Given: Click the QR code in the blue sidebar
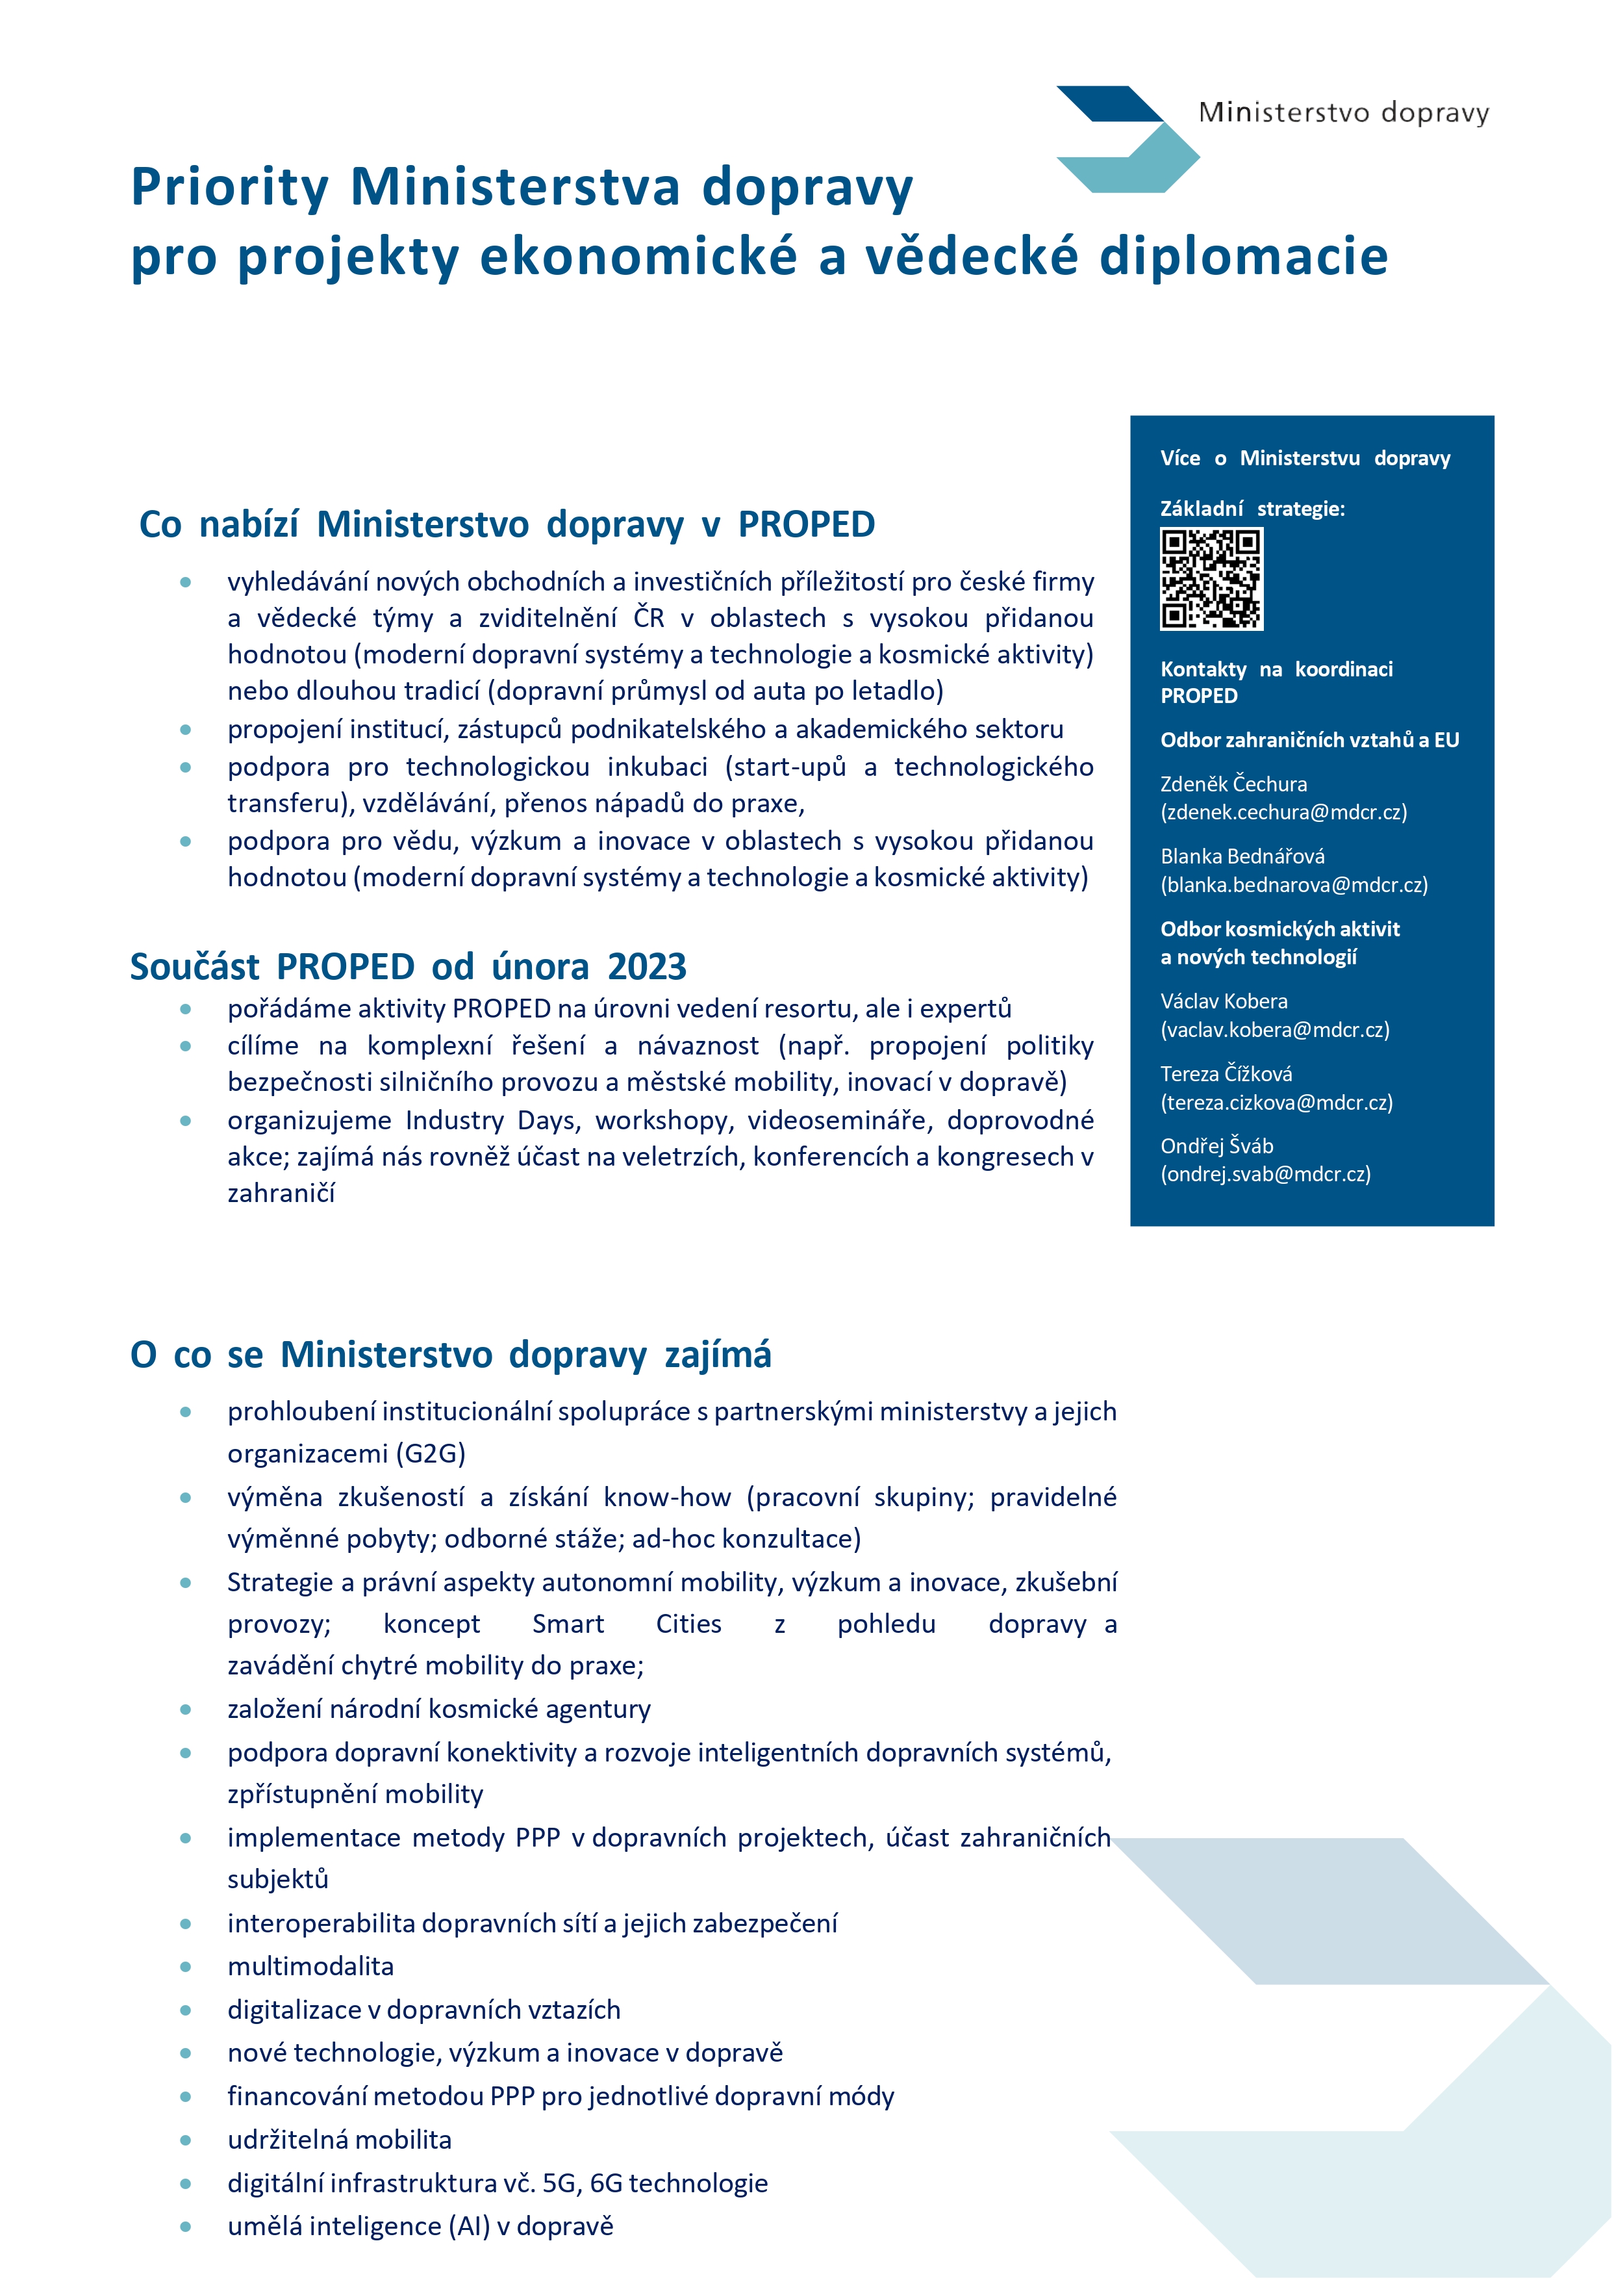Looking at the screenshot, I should (1211, 579).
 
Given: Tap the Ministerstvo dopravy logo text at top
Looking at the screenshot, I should (1343, 112).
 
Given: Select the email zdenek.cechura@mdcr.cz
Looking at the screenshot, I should (1283, 812).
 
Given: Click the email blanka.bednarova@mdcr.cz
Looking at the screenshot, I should (1293, 885).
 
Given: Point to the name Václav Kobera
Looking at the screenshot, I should (1224, 1001).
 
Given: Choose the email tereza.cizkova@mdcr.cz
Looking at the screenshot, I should (1276, 1102).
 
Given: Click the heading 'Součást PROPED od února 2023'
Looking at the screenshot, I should (408, 966).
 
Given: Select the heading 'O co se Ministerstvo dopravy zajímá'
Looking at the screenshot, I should (451, 1355).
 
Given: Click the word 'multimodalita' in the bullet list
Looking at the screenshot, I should (310, 1966).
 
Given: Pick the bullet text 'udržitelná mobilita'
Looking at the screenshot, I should (340, 2139).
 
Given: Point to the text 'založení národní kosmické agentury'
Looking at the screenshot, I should (439, 1709).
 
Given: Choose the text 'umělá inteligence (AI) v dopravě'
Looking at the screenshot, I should (420, 2226).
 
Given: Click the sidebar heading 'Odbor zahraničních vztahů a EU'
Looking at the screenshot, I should (1309, 740).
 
